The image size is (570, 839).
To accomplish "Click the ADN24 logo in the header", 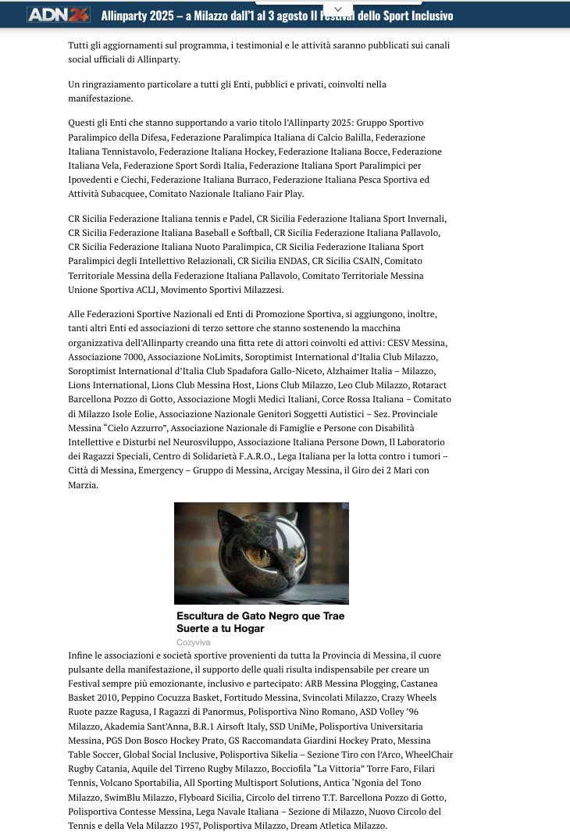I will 59,15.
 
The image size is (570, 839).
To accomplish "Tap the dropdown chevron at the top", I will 338,9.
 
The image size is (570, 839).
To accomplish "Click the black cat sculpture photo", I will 261,553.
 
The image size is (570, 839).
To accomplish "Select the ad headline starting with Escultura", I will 260,622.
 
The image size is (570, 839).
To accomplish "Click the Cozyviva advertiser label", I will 193,642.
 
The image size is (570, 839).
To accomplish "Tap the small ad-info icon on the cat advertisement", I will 345,506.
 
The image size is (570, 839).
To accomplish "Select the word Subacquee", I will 120,194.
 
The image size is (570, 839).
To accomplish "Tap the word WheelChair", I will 429,755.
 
